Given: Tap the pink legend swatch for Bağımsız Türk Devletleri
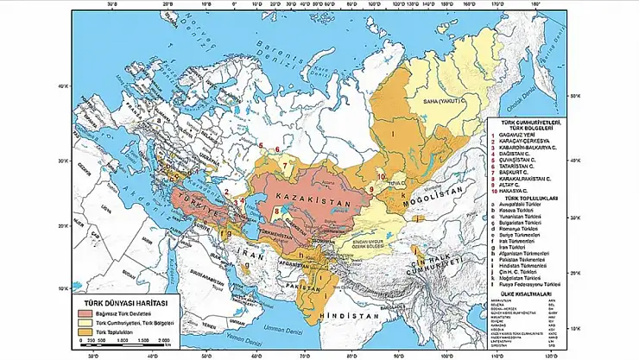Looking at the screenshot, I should (x=85, y=312).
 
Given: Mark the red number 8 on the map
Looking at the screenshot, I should (x=275, y=210).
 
